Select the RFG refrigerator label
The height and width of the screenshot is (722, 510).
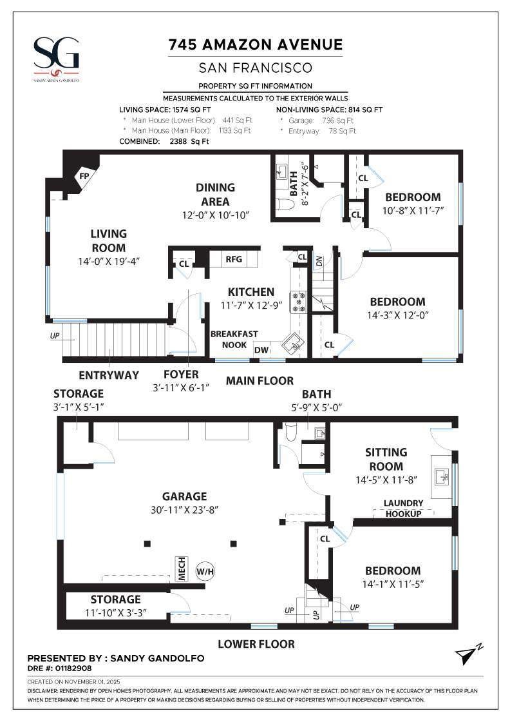click(233, 259)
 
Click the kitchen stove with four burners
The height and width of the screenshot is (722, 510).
click(299, 302)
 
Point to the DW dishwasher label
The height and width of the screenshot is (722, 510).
click(261, 350)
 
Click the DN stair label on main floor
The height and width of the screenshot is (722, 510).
click(319, 262)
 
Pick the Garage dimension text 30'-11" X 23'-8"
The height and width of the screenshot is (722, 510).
click(185, 511)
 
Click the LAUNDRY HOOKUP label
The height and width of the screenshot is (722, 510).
click(403, 509)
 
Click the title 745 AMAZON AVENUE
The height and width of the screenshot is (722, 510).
click(255, 44)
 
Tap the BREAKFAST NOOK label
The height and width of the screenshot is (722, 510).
click(234, 339)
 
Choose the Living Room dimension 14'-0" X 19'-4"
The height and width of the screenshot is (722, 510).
click(108, 261)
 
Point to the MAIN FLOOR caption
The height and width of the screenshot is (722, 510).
click(260, 381)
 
